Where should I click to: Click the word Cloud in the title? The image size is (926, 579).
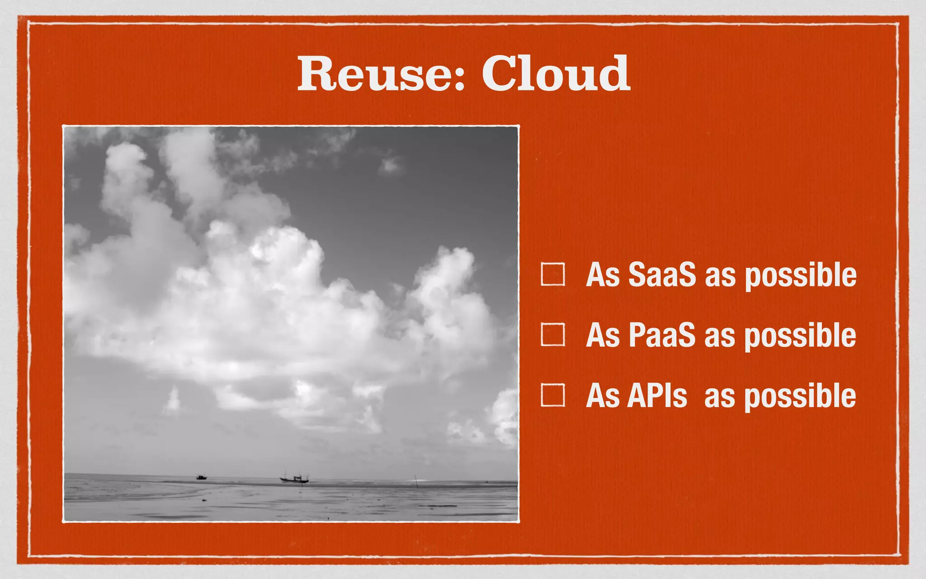(556, 74)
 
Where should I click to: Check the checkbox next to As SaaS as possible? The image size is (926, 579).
(553, 274)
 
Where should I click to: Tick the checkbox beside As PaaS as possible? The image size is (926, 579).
(553, 335)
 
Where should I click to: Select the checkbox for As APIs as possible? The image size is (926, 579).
(553, 395)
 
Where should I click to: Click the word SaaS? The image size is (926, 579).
(661, 275)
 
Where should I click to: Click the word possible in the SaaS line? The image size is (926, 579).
(800, 276)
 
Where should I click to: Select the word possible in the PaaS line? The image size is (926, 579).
(800, 337)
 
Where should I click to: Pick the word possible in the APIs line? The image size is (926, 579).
(800, 397)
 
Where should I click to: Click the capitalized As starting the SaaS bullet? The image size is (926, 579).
(602, 275)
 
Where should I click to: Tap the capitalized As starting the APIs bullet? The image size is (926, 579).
(602, 395)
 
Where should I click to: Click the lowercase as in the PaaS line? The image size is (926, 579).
(719, 337)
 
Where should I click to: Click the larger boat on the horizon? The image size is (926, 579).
(294, 478)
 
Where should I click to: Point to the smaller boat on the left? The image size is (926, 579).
(202, 477)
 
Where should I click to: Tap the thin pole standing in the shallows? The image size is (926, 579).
(416, 481)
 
